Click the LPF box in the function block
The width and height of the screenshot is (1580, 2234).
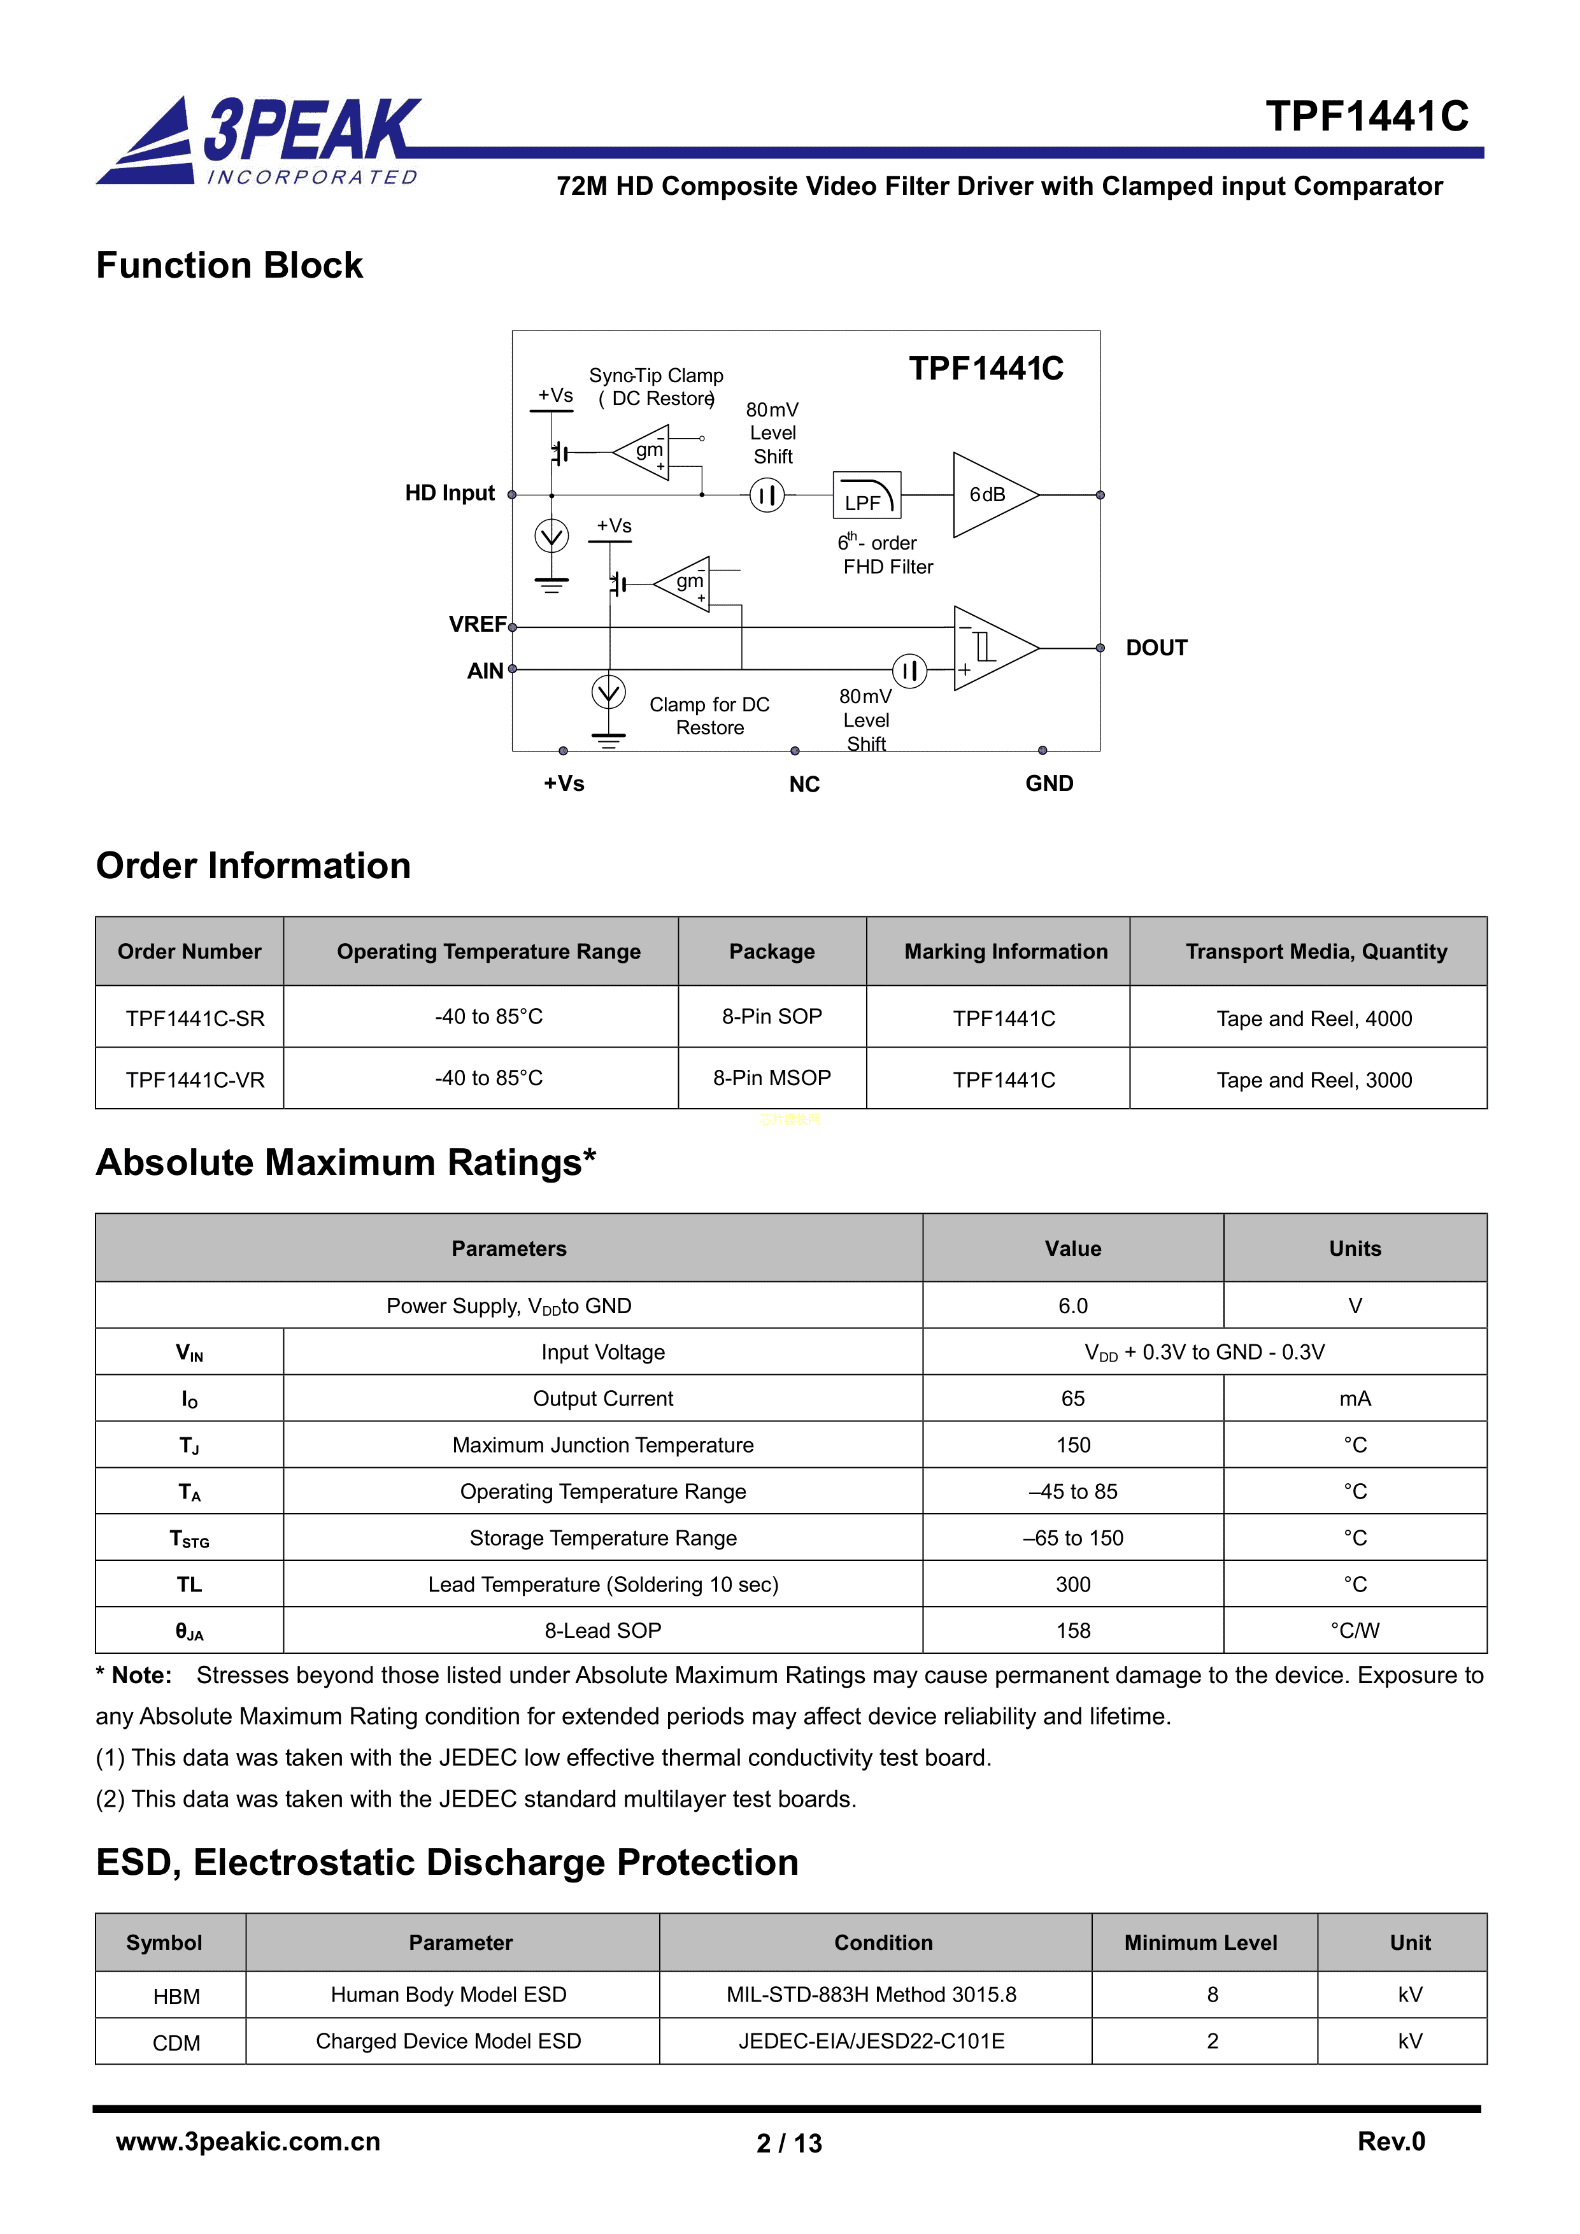[x=866, y=495]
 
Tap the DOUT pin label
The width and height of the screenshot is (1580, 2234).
[x=1156, y=648]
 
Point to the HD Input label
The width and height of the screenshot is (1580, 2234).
[x=450, y=494]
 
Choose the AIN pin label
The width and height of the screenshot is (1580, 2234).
[x=485, y=671]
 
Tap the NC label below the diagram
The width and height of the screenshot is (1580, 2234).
[x=804, y=784]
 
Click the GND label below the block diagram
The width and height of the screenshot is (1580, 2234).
[x=1049, y=783]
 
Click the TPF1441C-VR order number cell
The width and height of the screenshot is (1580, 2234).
[x=195, y=1080]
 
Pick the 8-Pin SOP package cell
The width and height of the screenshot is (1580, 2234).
[x=771, y=1017]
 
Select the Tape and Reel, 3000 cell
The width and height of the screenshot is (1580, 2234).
[x=1313, y=1080]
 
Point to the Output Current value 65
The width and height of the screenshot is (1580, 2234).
[x=1072, y=1398]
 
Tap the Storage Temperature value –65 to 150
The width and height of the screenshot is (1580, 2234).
[x=1072, y=1539]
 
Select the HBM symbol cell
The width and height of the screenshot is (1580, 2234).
[x=176, y=1996]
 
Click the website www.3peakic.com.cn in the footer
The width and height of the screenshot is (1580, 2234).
[x=248, y=2142]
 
